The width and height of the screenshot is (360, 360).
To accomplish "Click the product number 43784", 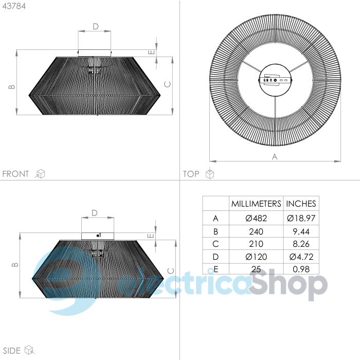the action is [14, 6].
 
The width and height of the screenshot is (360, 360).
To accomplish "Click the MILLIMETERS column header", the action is [256, 204].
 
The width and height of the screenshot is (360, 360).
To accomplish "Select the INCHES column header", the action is [301, 204].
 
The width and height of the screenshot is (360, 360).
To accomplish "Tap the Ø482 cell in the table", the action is [256, 218].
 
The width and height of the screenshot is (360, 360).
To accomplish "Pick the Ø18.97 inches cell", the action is [301, 218].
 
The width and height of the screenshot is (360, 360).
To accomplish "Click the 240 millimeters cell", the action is [256, 231].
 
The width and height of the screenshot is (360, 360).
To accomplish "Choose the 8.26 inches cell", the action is [301, 244].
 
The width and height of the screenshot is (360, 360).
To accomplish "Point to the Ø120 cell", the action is [256, 257].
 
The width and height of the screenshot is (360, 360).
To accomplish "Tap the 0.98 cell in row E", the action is [301, 269].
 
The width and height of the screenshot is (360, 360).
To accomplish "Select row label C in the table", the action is [215, 244].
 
